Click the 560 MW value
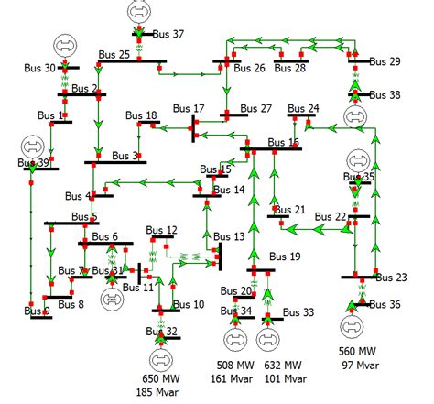(x=357, y=352)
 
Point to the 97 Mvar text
(x=357, y=366)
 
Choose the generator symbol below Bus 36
(x=351, y=325)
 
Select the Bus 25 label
(x=112, y=56)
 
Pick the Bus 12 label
(x=161, y=230)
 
